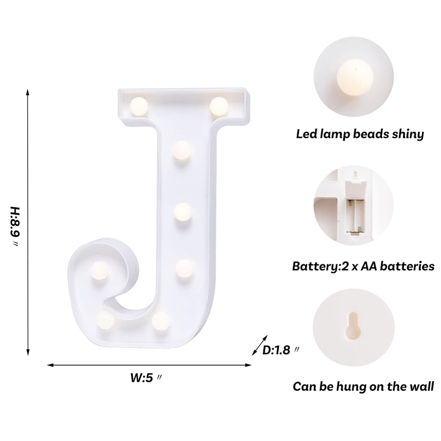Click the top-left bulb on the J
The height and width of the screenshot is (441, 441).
pos(139,106)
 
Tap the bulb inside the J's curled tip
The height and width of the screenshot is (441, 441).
pos(99,270)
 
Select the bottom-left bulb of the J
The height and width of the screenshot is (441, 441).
pos(106,320)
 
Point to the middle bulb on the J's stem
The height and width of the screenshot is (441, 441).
pos(183,212)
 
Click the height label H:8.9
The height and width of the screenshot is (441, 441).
pos(16,227)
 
